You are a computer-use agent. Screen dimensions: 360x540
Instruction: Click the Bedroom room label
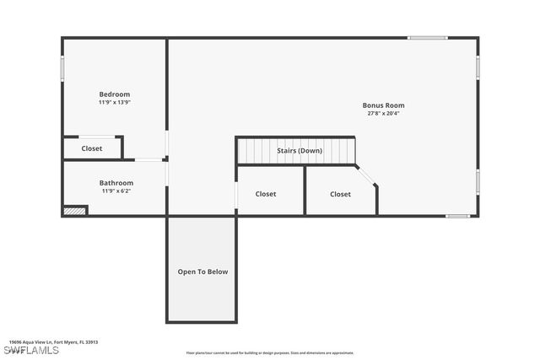(115, 94)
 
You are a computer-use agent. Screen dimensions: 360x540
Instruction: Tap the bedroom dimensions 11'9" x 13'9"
(115, 102)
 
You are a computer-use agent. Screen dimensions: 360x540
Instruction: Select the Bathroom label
(116, 183)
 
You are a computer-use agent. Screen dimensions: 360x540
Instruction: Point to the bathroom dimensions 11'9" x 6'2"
(116, 191)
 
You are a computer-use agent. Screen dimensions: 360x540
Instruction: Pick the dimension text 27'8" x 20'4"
(383, 113)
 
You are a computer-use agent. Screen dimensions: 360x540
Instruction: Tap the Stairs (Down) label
(300, 151)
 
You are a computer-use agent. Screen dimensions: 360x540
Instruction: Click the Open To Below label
(202, 271)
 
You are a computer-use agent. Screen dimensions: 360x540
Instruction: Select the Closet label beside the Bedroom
(92, 148)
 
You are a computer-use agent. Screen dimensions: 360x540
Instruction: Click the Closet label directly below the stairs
(266, 194)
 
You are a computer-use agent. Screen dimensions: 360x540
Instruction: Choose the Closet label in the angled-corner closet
(340, 194)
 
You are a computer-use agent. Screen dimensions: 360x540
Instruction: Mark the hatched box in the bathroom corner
(75, 211)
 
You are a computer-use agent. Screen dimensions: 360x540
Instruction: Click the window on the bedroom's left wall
(62, 67)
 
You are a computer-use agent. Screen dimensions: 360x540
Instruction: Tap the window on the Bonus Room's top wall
(428, 38)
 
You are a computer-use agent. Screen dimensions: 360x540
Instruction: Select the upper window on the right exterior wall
(478, 67)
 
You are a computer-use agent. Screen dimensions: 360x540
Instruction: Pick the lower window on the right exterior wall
(478, 180)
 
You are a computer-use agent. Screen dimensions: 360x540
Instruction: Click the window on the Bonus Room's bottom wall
(457, 216)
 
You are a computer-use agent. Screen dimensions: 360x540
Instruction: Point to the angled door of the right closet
(366, 176)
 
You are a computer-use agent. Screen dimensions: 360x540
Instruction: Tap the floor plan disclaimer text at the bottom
(270, 353)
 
